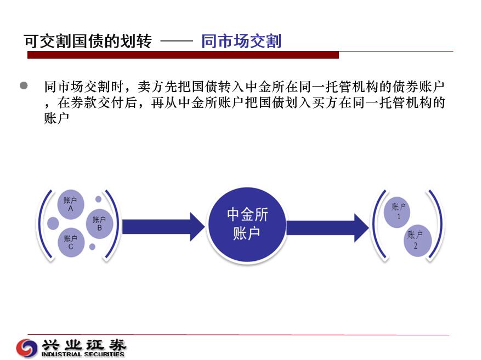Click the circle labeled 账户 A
[x=71, y=204]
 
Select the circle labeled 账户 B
[x=99, y=224]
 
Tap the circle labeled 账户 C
[x=71, y=242]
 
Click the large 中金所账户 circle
[x=247, y=225]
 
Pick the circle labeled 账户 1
[x=397, y=212]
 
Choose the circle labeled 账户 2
[x=417, y=240]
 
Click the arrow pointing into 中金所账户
[x=163, y=227]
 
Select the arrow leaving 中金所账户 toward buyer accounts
[x=328, y=228]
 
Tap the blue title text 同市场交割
[x=241, y=41]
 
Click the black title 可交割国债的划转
[x=88, y=41]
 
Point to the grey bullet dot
[x=24, y=85]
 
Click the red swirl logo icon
[x=27, y=348]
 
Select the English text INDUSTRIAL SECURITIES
[x=83, y=354]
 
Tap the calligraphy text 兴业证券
[x=84, y=345]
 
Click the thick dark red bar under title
[x=183, y=55]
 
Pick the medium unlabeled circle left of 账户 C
[x=53, y=224]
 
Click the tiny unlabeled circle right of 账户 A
[x=98, y=199]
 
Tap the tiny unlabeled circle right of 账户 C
[x=92, y=247]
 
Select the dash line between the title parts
[x=177, y=41]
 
